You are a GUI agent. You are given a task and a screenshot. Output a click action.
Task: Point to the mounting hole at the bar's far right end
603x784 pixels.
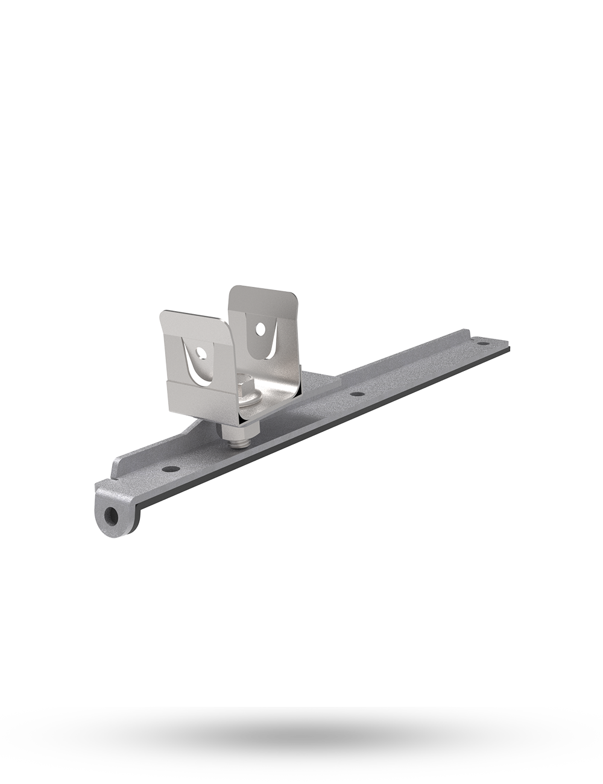(x=482, y=343)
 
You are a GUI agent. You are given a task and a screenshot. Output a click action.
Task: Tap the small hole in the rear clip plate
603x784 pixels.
(x=260, y=329)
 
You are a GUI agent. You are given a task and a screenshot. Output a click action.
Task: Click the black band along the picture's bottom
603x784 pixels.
(x=301, y=745)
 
